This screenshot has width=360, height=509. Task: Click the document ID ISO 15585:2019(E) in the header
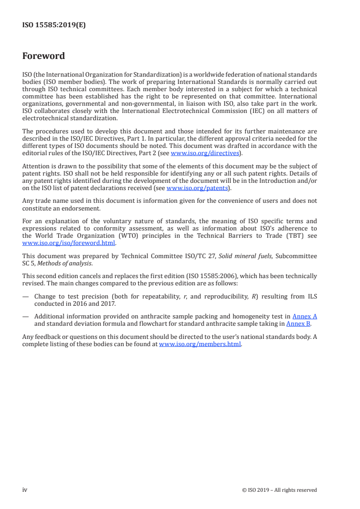[x=54, y=25]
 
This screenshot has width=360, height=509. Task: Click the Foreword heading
[x=44, y=56]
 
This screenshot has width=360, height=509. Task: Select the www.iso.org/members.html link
[x=200, y=344]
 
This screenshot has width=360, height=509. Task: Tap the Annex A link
[x=305, y=316]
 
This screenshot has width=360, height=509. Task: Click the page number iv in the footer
[x=25, y=489]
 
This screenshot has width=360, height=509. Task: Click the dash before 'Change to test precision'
[x=25, y=297]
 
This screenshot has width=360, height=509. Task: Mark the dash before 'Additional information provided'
[x=25, y=316]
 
